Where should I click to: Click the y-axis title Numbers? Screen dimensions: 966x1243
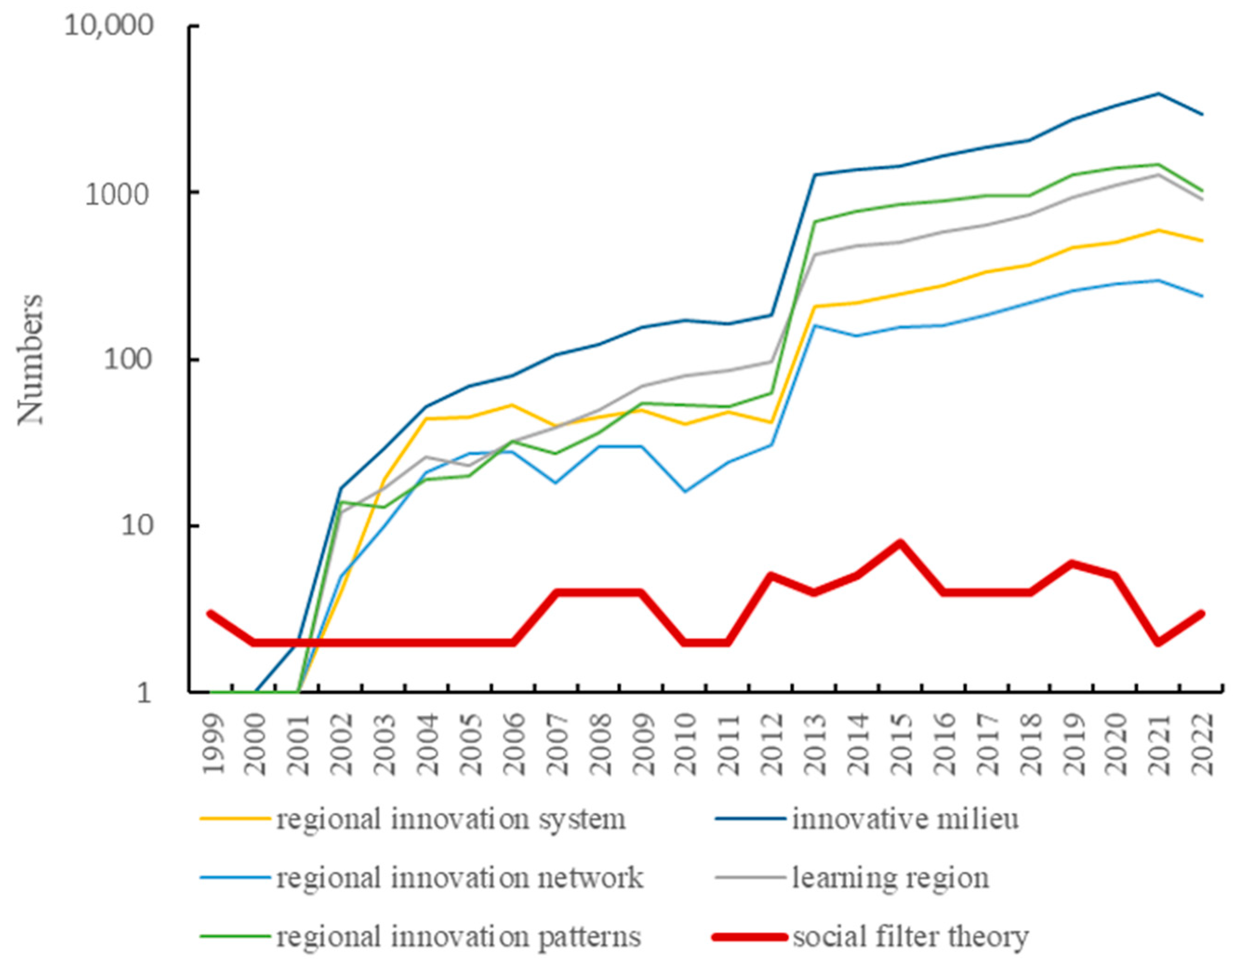click(30, 360)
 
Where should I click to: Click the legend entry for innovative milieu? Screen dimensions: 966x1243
click(905, 819)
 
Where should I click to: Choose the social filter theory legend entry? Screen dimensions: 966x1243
click(910, 936)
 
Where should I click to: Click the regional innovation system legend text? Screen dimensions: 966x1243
click(451, 819)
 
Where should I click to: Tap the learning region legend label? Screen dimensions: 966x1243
click(890, 877)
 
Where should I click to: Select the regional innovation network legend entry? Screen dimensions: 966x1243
click(459, 877)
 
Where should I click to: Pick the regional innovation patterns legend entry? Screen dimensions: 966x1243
click(459, 936)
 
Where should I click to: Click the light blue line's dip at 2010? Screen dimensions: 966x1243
click(685, 491)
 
